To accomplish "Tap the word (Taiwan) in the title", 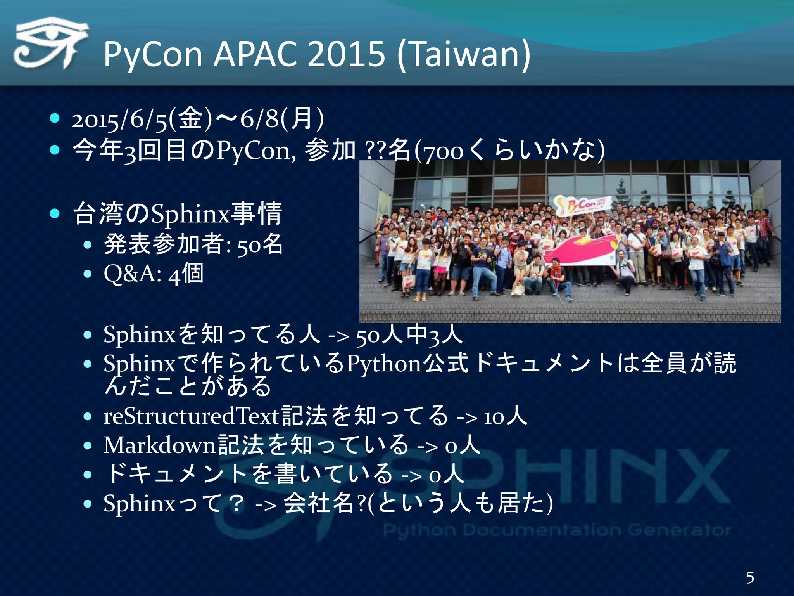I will (464, 54).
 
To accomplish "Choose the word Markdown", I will (159, 445).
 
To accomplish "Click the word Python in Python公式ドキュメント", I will (384, 364).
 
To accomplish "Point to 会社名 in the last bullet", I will (318, 504).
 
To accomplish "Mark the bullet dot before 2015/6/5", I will (55, 118).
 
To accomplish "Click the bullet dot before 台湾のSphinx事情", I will (55, 213).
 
